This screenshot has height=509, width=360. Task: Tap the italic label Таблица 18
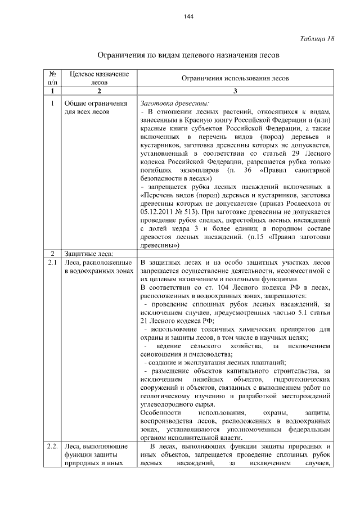(317, 38)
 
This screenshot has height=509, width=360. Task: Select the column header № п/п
(52, 78)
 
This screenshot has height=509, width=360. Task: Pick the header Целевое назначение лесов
(99, 78)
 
